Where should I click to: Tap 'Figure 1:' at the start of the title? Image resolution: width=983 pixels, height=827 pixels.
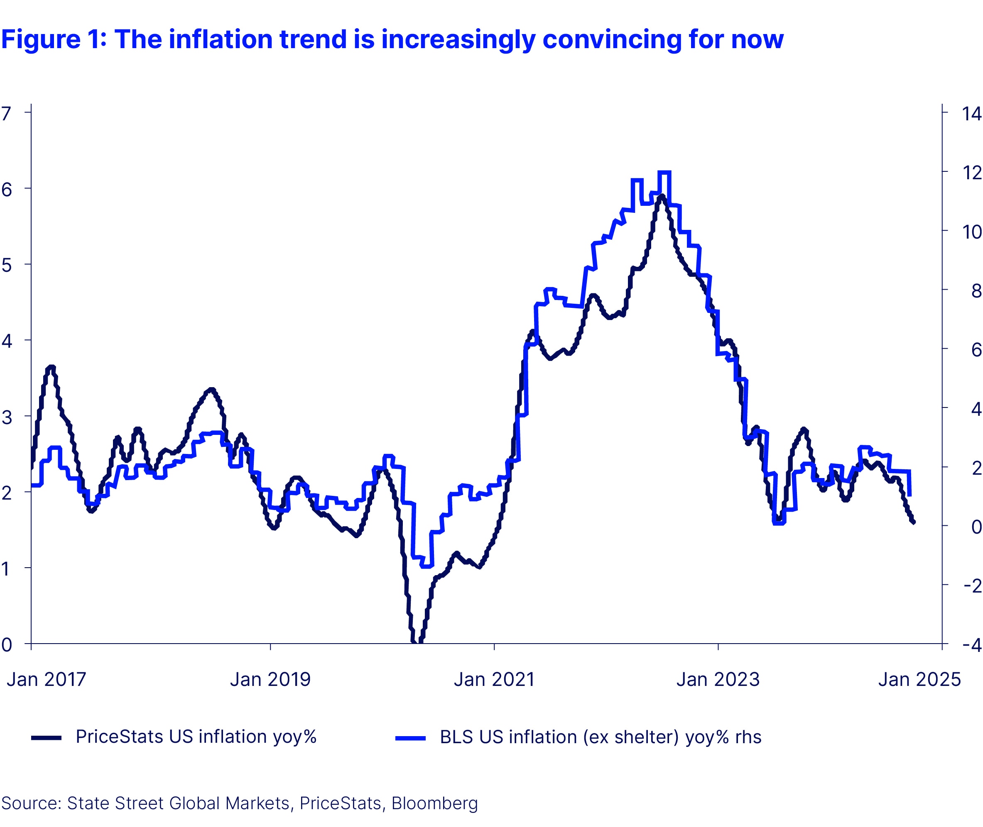coord(54,39)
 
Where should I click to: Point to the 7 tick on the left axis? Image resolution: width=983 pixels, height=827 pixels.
coord(6,113)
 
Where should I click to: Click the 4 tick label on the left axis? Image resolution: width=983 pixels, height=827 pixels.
coord(6,341)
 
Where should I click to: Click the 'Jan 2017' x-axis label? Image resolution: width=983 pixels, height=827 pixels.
coord(47,679)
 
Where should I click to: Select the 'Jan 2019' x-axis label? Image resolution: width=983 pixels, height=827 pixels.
coord(270,679)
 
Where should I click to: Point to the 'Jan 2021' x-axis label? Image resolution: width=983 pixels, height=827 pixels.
coord(494,679)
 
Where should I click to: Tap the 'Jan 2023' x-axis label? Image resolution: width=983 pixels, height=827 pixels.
coord(718,679)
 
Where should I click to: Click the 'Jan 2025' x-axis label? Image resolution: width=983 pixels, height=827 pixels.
coord(919,679)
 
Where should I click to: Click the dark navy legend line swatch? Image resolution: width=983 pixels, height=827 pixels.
coord(46,737)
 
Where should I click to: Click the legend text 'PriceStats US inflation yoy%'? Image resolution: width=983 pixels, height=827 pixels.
coord(196,737)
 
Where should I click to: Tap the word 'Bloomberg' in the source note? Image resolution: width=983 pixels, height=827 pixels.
coord(434,803)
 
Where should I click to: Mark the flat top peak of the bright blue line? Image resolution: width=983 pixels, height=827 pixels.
coord(664,173)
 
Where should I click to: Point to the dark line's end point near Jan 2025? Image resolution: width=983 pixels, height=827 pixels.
coord(914,522)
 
